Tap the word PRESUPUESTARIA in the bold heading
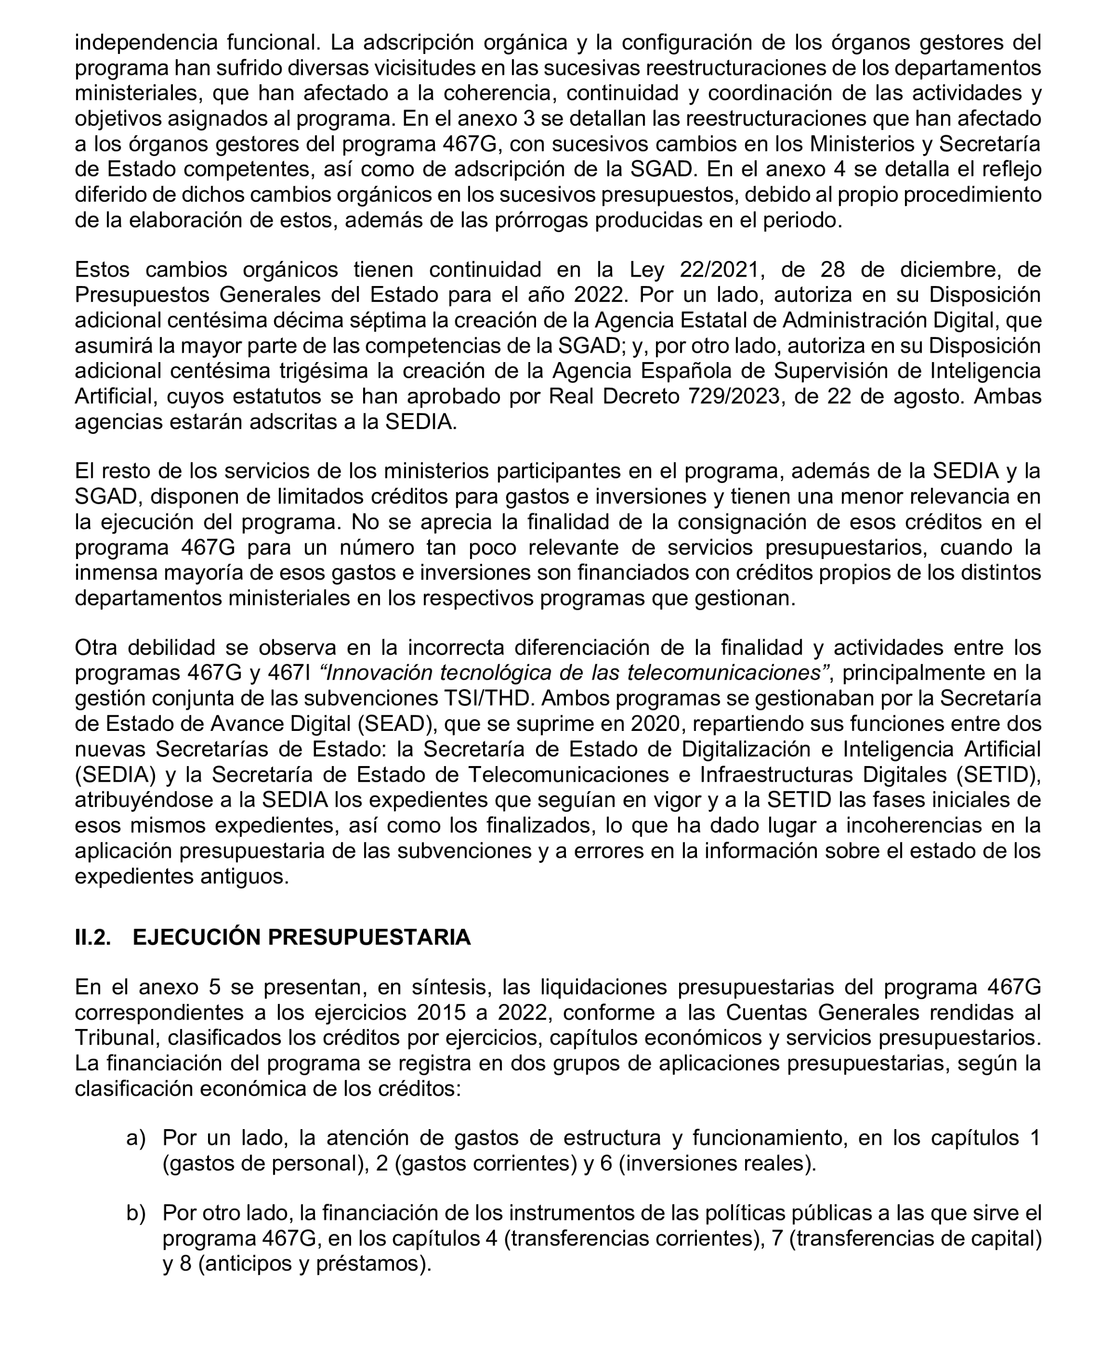coord(369,937)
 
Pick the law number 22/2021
coord(722,269)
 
